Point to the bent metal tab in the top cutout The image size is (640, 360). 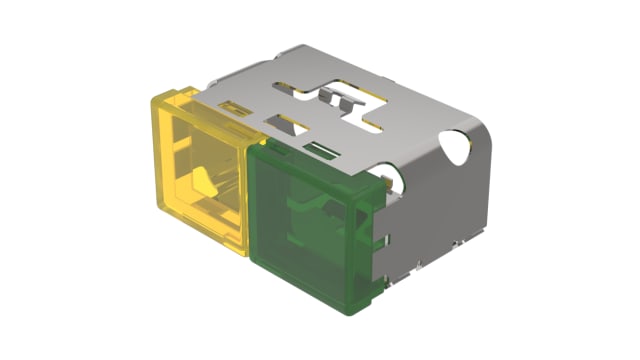tap(334, 98)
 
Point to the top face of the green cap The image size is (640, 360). tap(315, 160)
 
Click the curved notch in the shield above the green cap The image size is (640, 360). tap(397, 180)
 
